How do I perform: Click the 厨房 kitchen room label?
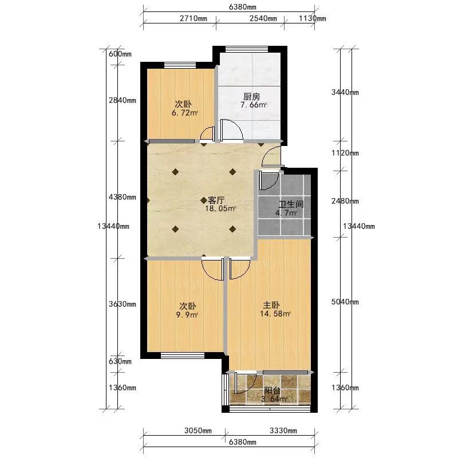(x=251, y=96)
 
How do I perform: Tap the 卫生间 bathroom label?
(x=291, y=204)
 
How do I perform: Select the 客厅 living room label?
(x=216, y=200)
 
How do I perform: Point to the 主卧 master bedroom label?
(x=271, y=305)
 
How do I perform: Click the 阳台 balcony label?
(x=273, y=390)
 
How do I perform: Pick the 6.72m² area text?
(x=185, y=113)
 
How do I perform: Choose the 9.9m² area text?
(x=187, y=315)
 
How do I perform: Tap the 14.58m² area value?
(x=275, y=314)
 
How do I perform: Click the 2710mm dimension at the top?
(x=194, y=18)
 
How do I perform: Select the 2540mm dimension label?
(x=263, y=18)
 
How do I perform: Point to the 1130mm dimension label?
(x=312, y=18)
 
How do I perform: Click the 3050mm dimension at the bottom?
(x=198, y=431)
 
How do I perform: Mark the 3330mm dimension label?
(x=283, y=431)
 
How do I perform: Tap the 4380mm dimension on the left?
(x=123, y=197)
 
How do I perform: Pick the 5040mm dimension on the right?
(x=345, y=302)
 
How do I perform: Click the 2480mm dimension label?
(x=345, y=201)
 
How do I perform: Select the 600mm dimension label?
(x=120, y=54)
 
